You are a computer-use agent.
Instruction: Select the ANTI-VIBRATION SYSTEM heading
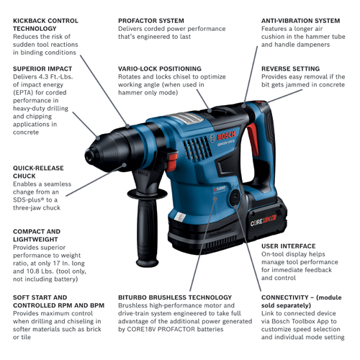pos(300,22)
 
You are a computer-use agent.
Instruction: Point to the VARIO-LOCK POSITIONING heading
pos(160,68)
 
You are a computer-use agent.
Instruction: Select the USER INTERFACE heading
pos(288,246)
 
